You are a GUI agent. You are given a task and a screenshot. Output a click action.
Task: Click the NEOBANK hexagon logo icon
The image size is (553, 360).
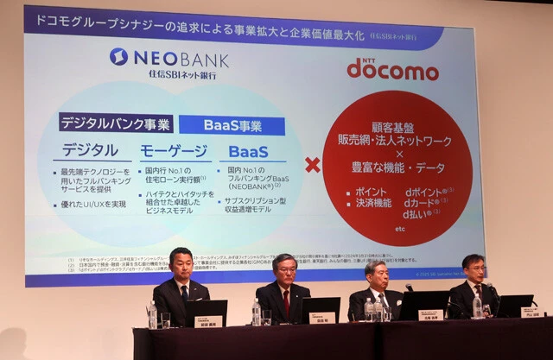(x=118, y=57)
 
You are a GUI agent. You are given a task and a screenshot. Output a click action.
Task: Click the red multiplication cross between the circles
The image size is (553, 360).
(x=313, y=164)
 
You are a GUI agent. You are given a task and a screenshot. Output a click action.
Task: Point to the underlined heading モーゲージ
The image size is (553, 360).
(x=173, y=152)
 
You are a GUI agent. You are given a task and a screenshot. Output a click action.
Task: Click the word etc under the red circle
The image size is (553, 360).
(x=398, y=231)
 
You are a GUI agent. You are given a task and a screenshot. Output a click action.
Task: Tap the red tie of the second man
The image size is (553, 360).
(x=286, y=301)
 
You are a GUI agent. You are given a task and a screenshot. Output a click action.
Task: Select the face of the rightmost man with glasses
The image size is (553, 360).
(x=473, y=270)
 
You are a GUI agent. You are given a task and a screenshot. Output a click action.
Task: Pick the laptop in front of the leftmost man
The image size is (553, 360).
(x=207, y=312)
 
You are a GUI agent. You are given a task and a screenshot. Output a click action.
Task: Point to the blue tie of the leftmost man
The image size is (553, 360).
(x=184, y=294)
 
